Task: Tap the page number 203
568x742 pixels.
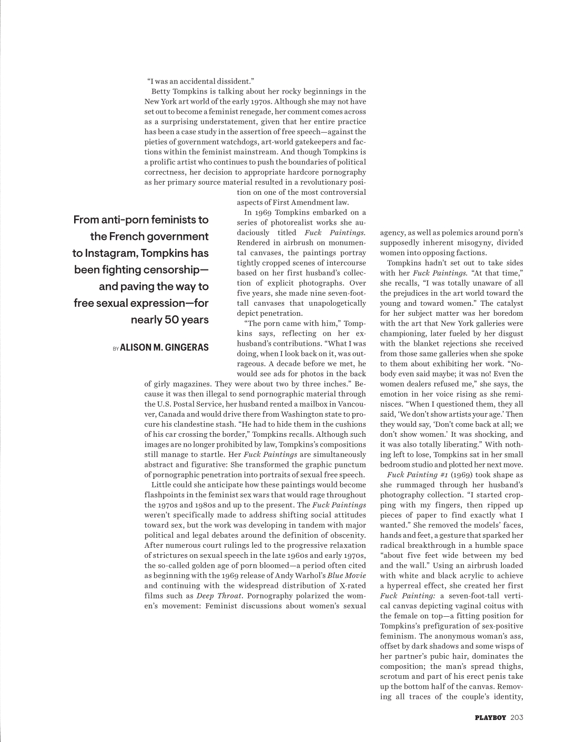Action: pyautogui.click(x=516, y=717)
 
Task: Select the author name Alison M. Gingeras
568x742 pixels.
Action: pyautogui.click(x=164, y=347)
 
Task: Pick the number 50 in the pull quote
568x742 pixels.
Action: pyautogui.click(x=173, y=320)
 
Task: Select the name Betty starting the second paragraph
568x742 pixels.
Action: pyautogui.click(x=161, y=91)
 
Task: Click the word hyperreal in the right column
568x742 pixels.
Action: pyautogui.click(x=409, y=586)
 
